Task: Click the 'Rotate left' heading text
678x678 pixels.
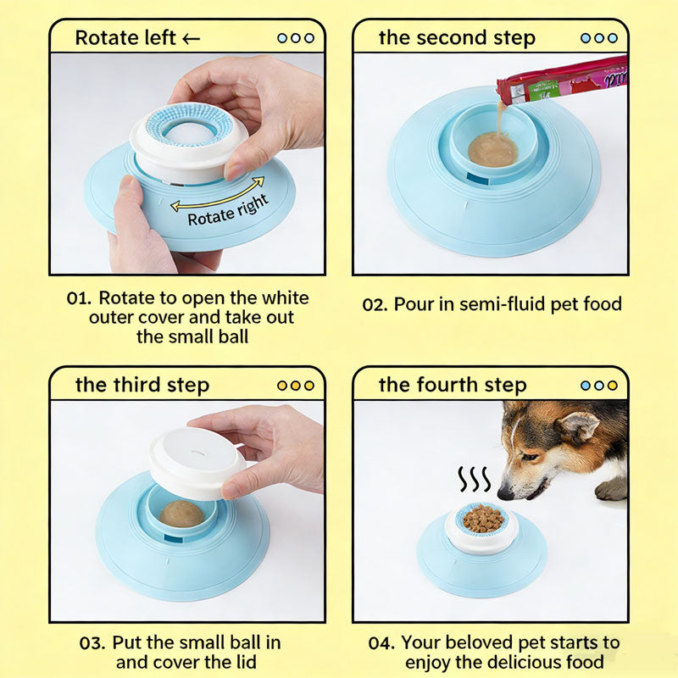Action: [x=127, y=38]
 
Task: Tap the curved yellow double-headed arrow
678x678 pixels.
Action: [x=218, y=193]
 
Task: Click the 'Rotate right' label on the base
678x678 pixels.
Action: [x=227, y=211]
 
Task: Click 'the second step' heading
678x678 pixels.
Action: [x=457, y=38]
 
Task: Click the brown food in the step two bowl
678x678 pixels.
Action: [x=492, y=150]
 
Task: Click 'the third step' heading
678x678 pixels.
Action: [x=142, y=385]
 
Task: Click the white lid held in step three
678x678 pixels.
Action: [x=197, y=462]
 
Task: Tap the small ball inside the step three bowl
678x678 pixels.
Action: [x=181, y=513]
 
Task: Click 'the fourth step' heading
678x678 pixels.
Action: [x=453, y=385]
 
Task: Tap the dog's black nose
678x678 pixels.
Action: [x=504, y=492]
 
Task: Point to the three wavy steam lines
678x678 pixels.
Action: [x=474, y=481]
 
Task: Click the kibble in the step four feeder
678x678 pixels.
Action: [x=481, y=517]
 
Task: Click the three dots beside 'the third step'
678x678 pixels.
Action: [x=295, y=385]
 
